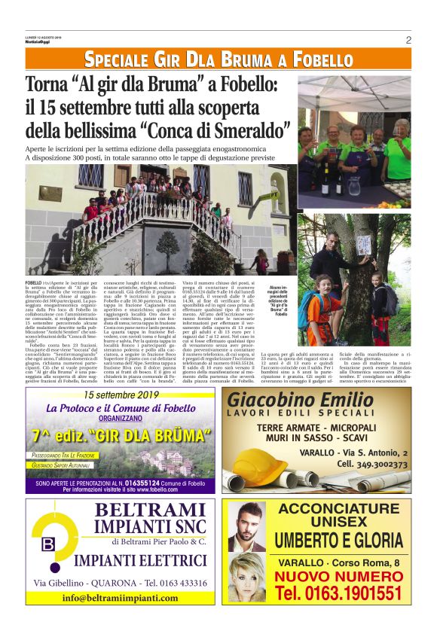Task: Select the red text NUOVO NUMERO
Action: (338, 577)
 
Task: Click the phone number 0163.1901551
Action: (338, 593)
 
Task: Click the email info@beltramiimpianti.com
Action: (126, 597)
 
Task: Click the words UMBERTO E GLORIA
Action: (338, 541)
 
